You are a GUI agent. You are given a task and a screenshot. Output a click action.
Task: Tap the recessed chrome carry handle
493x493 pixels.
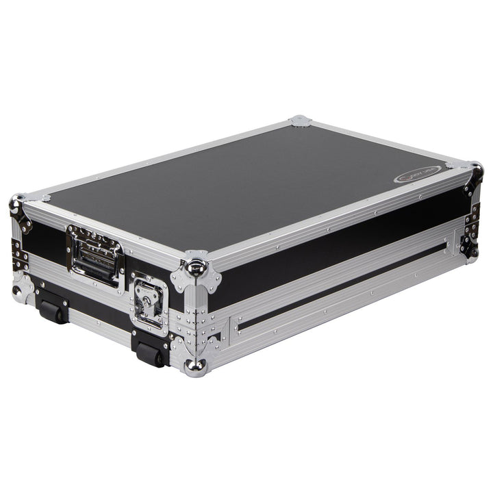click(95, 255)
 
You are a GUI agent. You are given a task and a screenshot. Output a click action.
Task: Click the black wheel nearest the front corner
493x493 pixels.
click(150, 354)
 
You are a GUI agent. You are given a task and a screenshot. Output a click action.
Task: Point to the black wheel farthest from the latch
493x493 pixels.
click(51, 312)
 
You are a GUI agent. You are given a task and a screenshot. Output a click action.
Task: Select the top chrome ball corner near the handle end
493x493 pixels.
click(17, 203)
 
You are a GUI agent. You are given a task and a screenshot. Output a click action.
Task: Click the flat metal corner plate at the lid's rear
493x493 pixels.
click(299, 121)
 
